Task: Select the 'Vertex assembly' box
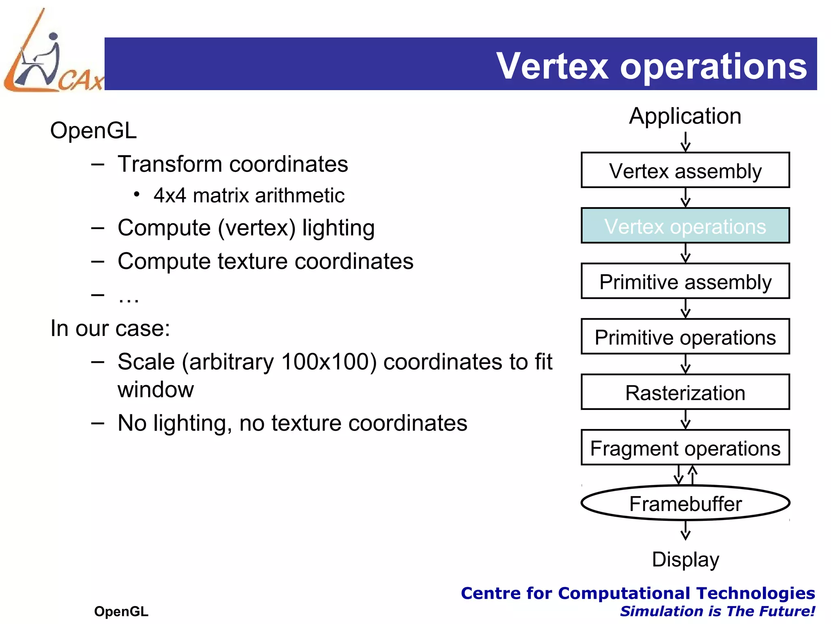click(685, 170)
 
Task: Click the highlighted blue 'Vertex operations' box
click(685, 226)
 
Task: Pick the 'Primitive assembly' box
click(685, 282)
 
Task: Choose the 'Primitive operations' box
click(685, 337)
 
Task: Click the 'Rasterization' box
click(685, 392)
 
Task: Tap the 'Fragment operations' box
click(685, 448)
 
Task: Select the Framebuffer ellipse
click(685, 503)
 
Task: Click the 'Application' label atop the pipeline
click(685, 116)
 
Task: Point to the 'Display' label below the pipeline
click(685, 559)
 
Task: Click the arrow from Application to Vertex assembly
click(685, 142)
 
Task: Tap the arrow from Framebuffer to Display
click(685, 531)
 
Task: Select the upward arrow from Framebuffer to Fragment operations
click(693, 475)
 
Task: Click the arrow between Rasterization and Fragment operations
click(685, 419)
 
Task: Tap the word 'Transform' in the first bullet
click(170, 164)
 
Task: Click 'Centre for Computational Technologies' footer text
click(637, 593)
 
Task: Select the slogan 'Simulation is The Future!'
click(717, 611)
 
